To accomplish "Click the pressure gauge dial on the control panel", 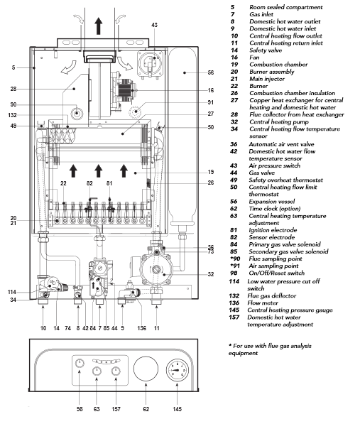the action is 177,370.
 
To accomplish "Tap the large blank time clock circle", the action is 146,369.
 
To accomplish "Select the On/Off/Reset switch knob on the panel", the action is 80,363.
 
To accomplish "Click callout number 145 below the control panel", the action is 177,409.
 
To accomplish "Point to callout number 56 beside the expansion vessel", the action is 211,72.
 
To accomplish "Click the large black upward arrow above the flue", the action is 99,26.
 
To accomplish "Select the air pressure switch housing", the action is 151,64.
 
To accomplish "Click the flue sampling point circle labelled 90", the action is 77,112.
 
